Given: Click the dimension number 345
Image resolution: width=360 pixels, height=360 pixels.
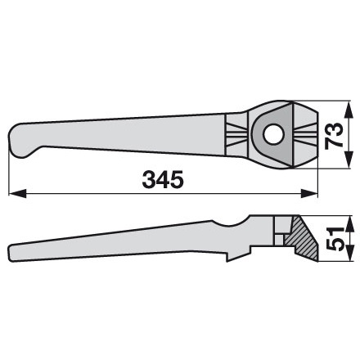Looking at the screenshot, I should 162,178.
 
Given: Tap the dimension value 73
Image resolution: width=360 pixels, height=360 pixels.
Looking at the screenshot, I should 333,133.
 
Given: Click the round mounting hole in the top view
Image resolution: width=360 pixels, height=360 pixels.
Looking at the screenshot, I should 272,133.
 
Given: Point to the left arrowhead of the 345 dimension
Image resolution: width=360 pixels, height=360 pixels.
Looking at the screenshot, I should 12,195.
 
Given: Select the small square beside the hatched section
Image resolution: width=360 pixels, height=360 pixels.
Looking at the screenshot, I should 282,237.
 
